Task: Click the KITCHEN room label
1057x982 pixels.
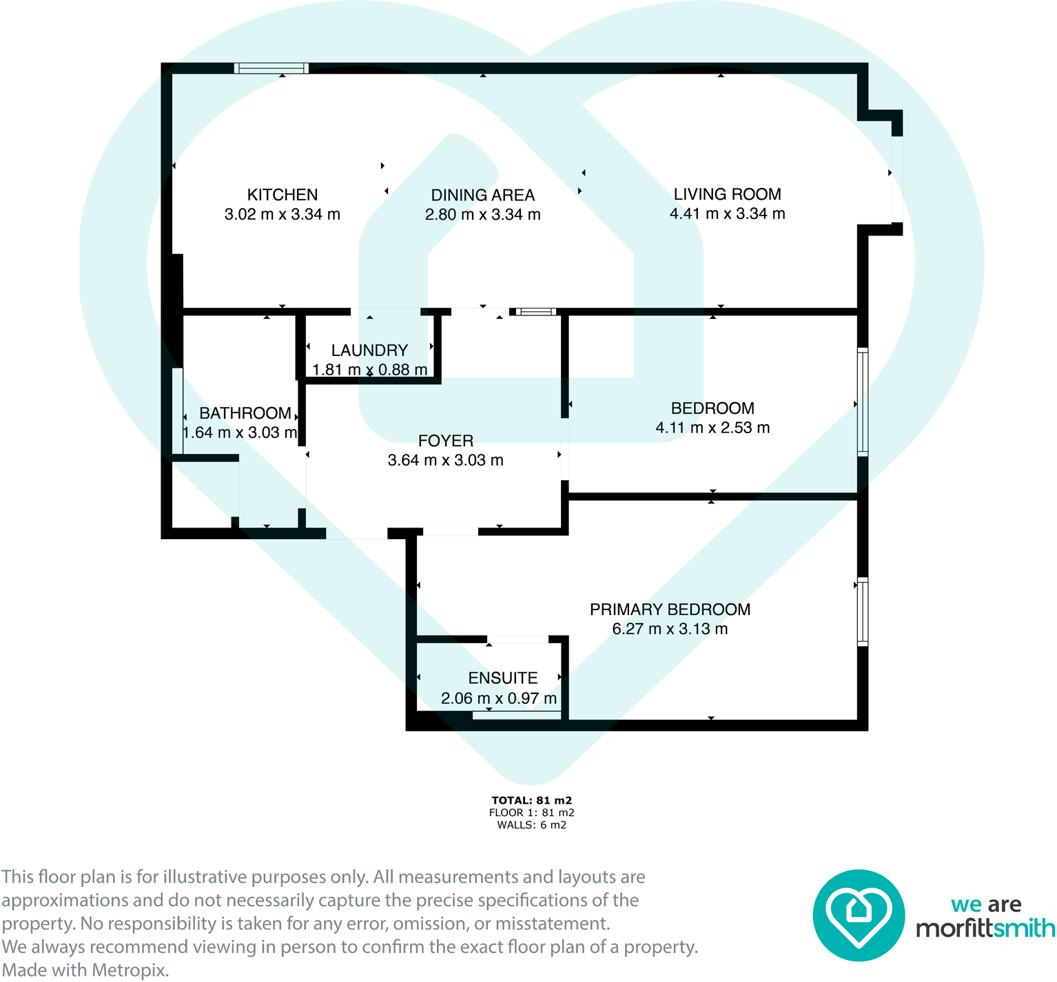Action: click(x=283, y=195)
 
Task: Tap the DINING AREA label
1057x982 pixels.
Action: click(x=482, y=196)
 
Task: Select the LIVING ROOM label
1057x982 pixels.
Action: click(x=727, y=194)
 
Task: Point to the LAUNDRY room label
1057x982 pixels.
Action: click(x=369, y=351)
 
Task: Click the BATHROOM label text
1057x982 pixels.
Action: click(x=245, y=413)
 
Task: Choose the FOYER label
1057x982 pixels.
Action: click(x=446, y=441)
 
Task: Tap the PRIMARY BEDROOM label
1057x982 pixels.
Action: click(x=670, y=609)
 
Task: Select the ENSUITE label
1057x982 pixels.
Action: click(x=502, y=678)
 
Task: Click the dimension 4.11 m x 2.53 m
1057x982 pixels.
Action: click(x=712, y=428)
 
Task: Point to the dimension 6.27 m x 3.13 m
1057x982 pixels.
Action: click(x=670, y=629)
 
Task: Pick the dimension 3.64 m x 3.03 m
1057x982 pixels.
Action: click(x=446, y=460)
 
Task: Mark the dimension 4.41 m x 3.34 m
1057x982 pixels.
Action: click(x=727, y=213)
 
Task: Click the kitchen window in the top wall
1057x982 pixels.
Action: click(x=271, y=67)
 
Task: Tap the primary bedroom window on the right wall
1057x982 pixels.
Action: click(x=862, y=611)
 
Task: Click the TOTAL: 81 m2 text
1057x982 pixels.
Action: click(x=531, y=800)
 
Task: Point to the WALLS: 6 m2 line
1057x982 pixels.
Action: click(x=531, y=825)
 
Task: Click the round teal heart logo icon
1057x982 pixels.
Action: click(x=858, y=915)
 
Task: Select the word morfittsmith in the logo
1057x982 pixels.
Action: click(x=985, y=928)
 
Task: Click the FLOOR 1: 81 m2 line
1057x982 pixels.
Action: click(x=531, y=813)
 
